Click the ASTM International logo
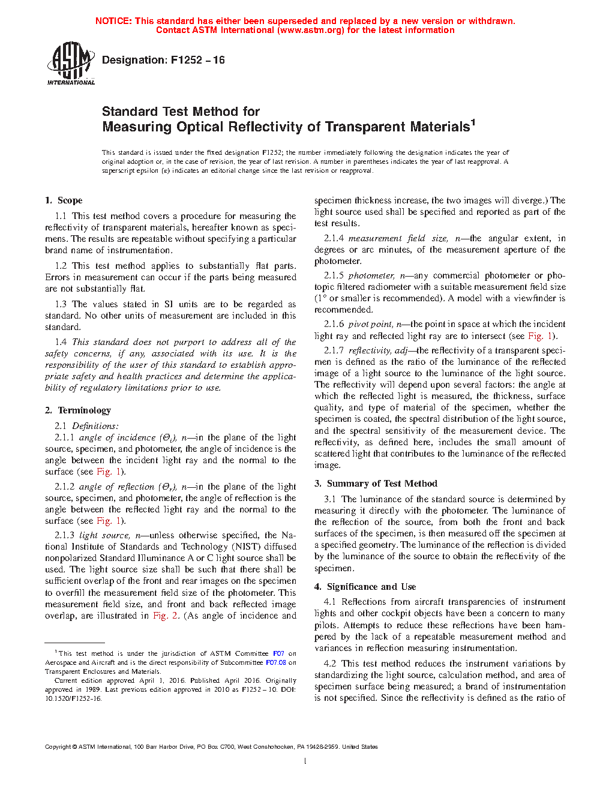(x=71, y=63)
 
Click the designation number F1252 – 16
(x=197, y=60)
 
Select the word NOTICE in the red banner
(x=113, y=21)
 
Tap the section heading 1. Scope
(x=64, y=200)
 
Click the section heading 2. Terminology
(x=78, y=410)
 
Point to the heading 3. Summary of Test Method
(x=376, y=484)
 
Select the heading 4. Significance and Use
(x=365, y=587)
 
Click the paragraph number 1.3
(x=61, y=304)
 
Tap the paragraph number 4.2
(x=330, y=664)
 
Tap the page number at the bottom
(x=305, y=761)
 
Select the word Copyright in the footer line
(x=58, y=747)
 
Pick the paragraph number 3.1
(x=330, y=499)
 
